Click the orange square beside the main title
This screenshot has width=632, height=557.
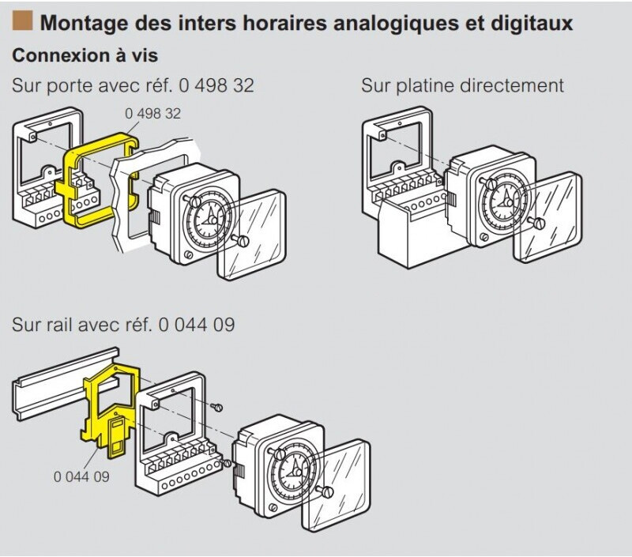click(x=23, y=21)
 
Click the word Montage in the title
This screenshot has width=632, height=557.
click(x=78, y=23)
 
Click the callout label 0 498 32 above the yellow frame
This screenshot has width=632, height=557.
click(x=152, y=114)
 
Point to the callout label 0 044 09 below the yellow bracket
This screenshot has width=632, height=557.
click(x=81, y=476)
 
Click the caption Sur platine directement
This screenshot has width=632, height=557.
click(x=462, y=85)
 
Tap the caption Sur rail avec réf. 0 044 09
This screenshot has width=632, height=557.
click(x=123, y=325)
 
